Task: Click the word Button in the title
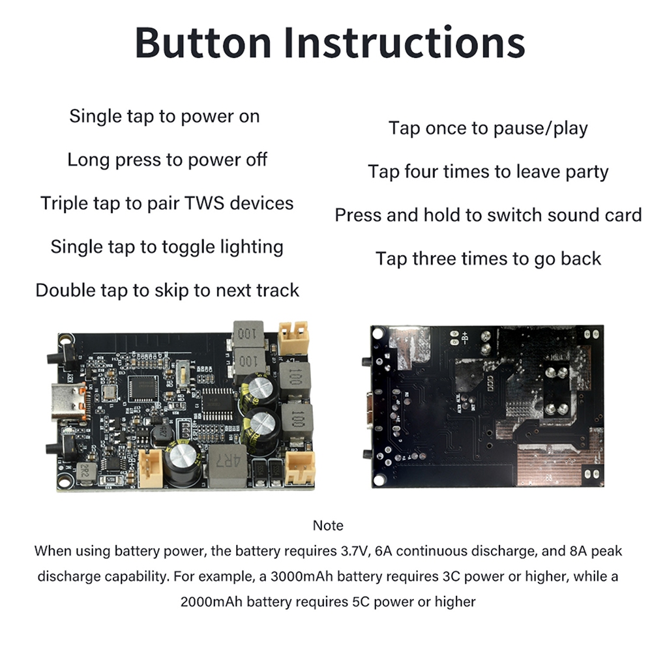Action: coord(203,42)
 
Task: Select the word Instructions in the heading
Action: coord(405,42)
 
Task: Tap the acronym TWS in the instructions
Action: coord(203,203)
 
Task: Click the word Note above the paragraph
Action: coord(328,525)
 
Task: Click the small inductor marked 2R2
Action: coord(85,472)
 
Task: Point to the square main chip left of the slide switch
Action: coord(143,389)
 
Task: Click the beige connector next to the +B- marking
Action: coord(150,469)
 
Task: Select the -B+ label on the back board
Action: coord(465,337)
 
